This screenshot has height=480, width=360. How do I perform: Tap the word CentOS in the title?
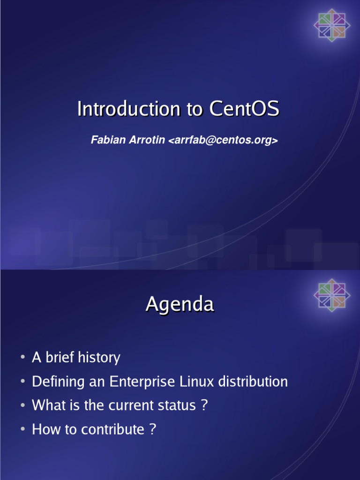[x=244, y=109]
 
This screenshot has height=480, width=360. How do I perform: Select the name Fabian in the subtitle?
[x=106, y=141]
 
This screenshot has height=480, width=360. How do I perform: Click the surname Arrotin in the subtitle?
[x=144, y=141]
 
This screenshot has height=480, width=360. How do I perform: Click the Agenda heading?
[x=180, y=305]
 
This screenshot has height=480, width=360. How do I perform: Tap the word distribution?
[x=252, y=382]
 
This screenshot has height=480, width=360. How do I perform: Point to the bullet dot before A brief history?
[x=22, y=358]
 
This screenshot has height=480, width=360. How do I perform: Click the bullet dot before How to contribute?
[x=22, y=430]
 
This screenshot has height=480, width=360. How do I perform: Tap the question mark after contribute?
[x=152, y=429]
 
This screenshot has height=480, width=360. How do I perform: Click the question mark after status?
[x=203, y=405]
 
